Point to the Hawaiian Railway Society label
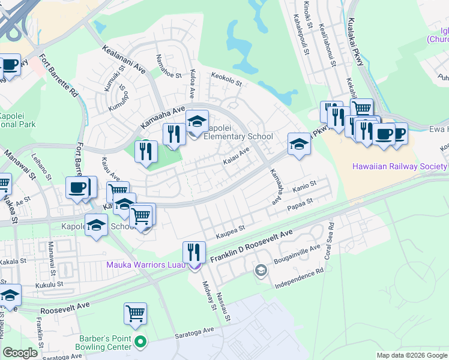399,166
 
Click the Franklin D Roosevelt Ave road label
251,246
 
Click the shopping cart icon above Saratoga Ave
136,313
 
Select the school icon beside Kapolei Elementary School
197,121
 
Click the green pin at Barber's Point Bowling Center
140,342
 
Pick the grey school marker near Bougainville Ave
261,271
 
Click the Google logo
20,353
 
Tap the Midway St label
209,296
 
